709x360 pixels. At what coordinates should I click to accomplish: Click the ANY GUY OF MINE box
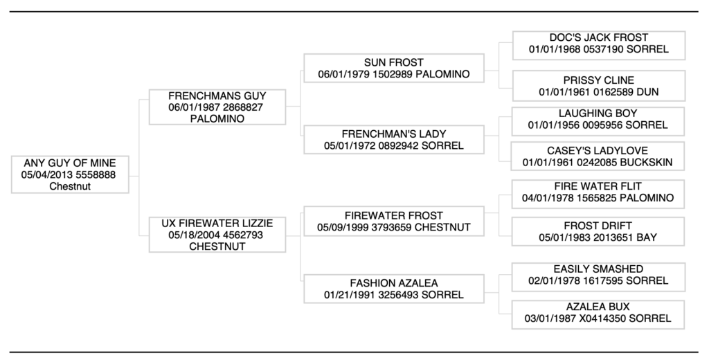pyautogui.click(x=70, y=174)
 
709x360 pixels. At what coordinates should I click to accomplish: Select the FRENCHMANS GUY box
pyautogui.click(x=217, y=107)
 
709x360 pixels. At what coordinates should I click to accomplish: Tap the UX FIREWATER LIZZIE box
pyautogui.click(x=217, y=235)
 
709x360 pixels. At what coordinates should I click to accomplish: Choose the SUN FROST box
pyautogui.click(x=393, y=69)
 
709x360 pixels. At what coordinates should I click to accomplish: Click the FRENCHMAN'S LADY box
pyautogui.click(x=393, y=139)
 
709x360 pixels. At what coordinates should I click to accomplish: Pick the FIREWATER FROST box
pyautogui.click(x=393, y=222)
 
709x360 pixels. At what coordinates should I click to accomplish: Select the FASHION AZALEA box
pyautogui.click(x=393, y=289)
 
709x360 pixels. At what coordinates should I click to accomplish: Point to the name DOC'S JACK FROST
pyautogui.click(x=598, y=37)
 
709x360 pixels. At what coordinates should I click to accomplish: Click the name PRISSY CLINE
pyautogui.click(x=598, y=80)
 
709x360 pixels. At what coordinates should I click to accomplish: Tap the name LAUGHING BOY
pyautogui.click(x=598, y=113)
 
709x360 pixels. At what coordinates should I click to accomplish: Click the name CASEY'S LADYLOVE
pyautogui.click(x=598, y=150)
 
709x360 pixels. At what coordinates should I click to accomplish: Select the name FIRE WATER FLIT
pyautogui.click(x=598, y=186)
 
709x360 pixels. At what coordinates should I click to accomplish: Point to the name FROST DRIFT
pyautogui.click(x=598, y=226)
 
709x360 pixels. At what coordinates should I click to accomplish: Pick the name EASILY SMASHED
pyautogui.click(x=598, y=269)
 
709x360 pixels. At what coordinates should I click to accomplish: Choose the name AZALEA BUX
pyautogui.click(x=598, y=306)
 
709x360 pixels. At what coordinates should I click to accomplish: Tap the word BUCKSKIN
pyautogui.click(x=647, y=163)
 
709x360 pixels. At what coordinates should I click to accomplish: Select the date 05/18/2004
pyautogui.click(x=190, y=235)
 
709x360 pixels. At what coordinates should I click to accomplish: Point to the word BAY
pyautogui.click(x=646, y=237)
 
